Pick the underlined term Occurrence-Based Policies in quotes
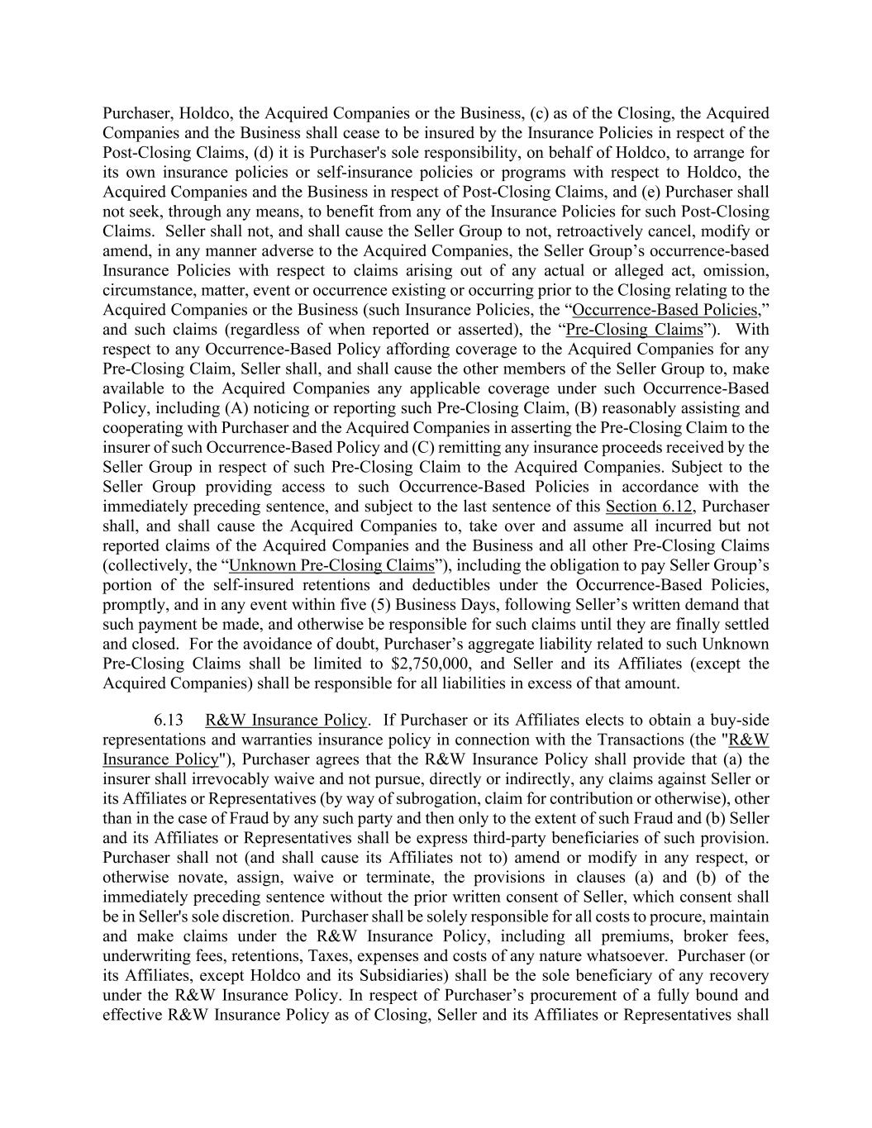coord(665,310)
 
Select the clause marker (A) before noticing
coord(235,408)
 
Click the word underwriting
coord(145,956)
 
